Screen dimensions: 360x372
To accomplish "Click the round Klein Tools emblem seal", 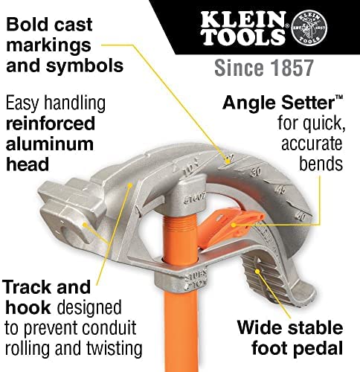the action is point(309,28).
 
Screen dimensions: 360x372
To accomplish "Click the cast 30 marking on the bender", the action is point(256,172).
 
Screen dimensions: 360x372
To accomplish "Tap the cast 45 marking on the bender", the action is point(280,190).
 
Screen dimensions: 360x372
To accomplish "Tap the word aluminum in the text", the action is point(50,144).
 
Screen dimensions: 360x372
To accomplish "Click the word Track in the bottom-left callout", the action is point(28,287).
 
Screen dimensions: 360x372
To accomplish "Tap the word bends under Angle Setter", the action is point(321,164).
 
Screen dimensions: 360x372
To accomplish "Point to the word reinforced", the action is point(51,124).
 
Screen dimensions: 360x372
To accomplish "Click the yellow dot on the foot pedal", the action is point(257,272).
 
